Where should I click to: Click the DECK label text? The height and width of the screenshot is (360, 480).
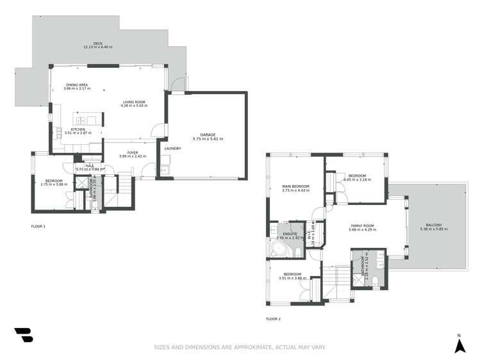(97, 44)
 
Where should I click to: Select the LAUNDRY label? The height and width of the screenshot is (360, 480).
(172, 149)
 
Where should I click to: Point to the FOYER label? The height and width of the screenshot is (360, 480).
(133, 152)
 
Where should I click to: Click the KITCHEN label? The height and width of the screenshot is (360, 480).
(78, 129)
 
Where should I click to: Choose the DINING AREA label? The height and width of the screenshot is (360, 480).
(76, 85)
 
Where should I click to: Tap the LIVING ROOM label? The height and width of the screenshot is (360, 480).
(135, 102)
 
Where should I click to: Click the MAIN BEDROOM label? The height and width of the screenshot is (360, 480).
(295, 186)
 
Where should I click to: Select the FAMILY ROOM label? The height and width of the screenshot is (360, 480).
(362, 226)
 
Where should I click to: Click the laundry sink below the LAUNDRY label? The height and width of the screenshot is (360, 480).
(164, 170)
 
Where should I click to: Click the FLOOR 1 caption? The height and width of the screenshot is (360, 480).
(38, 226)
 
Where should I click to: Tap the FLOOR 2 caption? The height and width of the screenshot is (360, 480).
(273, 318)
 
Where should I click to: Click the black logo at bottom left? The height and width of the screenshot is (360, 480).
(23, 335)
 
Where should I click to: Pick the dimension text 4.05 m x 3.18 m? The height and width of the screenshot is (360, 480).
(356, 180)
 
